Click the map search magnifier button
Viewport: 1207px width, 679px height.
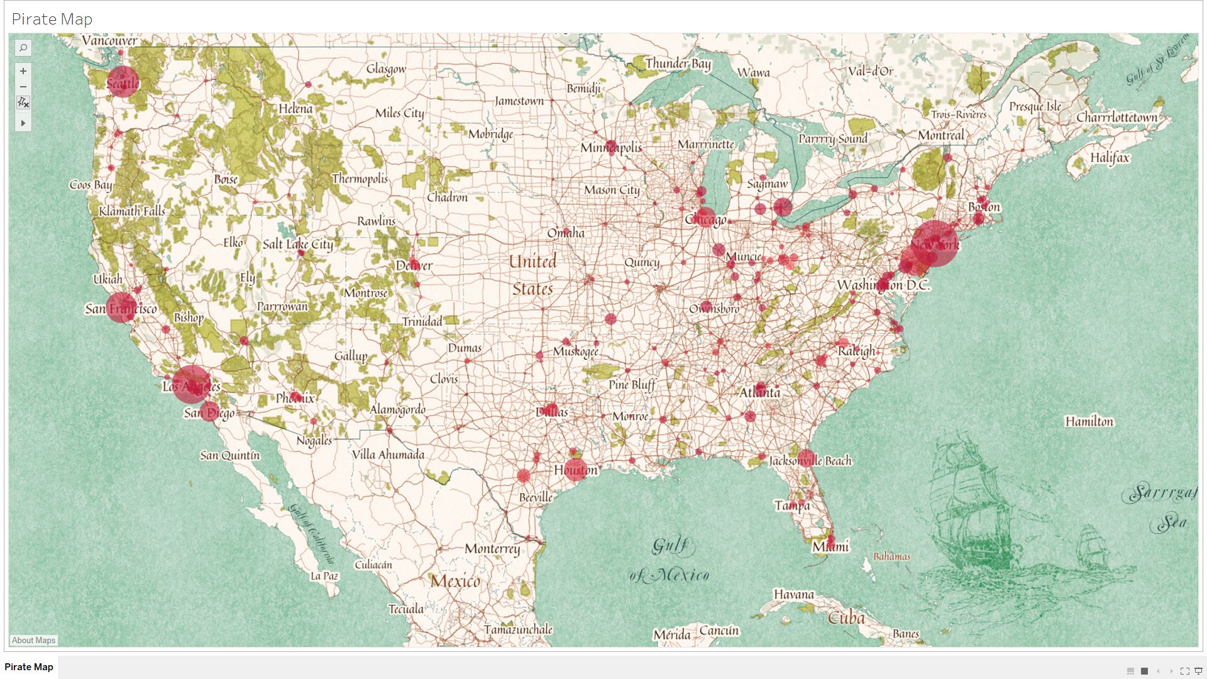tap(23, 48)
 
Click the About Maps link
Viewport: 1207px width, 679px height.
tap(33, 640)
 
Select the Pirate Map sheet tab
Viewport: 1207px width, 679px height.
tap(29, 667)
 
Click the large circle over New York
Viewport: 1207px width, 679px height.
tap(935, 244)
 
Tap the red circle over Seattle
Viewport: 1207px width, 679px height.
tap(123, 82)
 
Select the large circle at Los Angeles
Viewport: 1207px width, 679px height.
tap(191, 384)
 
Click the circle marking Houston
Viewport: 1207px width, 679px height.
tap(575, 468)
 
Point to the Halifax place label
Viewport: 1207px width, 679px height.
tap(1110, 158)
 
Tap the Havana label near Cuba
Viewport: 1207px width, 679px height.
tap(793, 594)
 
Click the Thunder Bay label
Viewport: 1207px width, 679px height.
tap(678, 63)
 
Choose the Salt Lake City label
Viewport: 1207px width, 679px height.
tap(298, 244)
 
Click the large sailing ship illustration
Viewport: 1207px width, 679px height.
tap(971, 503)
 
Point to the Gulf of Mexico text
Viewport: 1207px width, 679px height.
tap(670, 560)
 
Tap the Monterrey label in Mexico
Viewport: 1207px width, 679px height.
tap(492, 549)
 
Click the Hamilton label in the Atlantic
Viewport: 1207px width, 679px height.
tap(1089, 421)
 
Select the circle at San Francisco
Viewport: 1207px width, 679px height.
tap(121, 307)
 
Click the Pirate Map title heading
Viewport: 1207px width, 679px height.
tap(52, 19)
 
